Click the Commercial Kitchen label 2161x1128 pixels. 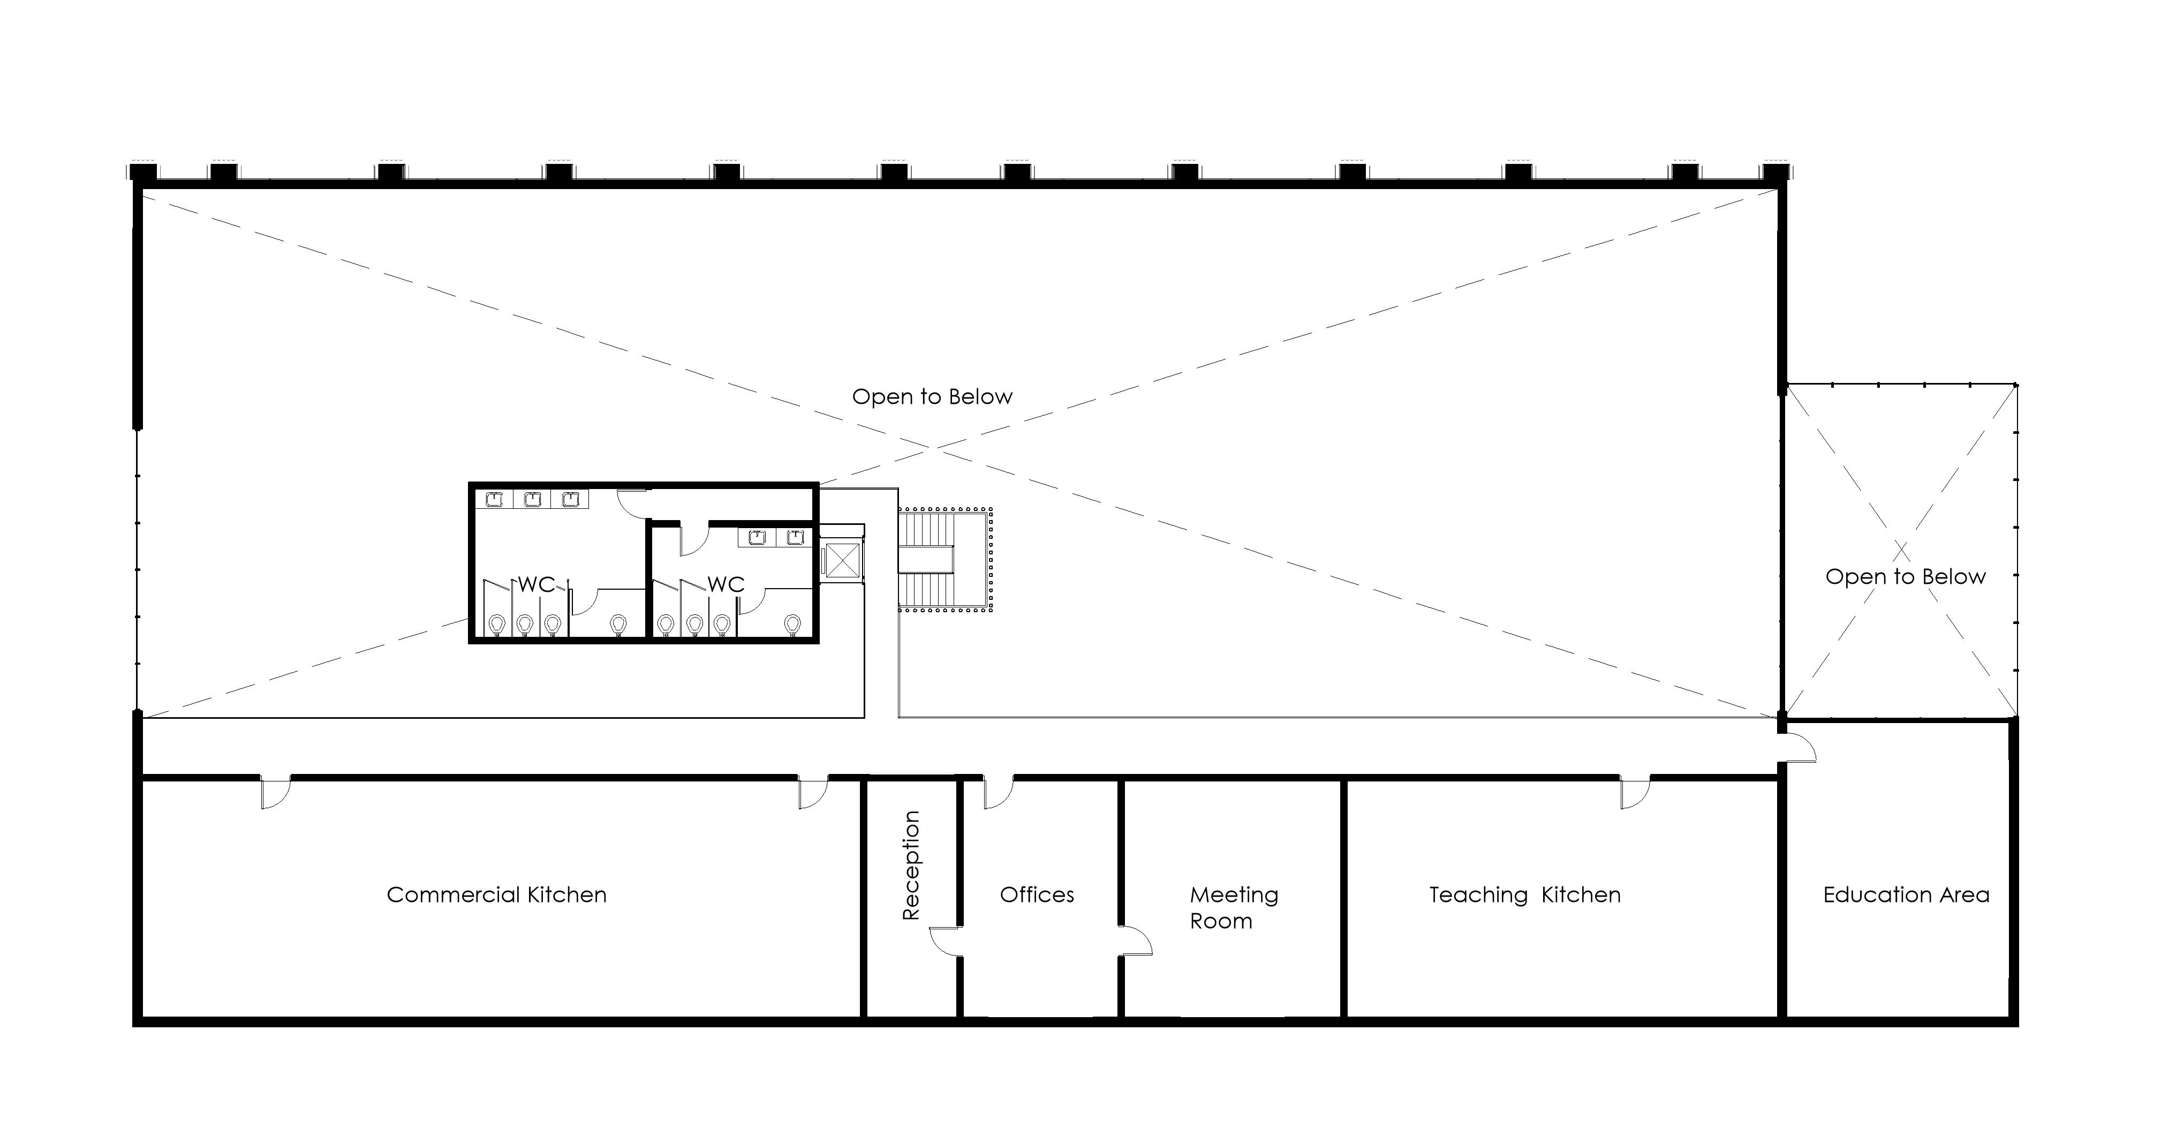click(x=497, y=894)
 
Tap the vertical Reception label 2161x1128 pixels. click(x=911, y=866)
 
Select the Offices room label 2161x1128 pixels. click(x=1037, y=894)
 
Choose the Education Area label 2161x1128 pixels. click(x=1906, y=894)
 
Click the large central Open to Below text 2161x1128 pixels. click(x=932, y=396)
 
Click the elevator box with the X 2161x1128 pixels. click(x=842, y=560)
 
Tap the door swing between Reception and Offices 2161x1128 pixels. click(x=945, y=942)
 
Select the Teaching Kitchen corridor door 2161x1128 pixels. click(x=1635, y=793)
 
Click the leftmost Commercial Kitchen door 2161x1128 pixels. click(x=276, y=793)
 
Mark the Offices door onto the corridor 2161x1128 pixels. click(x=998, y=793)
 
